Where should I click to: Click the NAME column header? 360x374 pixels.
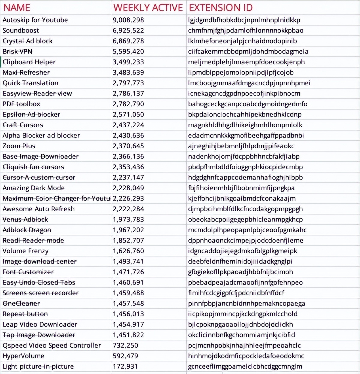point(17,8)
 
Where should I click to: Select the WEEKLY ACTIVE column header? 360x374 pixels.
point(148,8)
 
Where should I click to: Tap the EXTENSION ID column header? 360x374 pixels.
point(221,8)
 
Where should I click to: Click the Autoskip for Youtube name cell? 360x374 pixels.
point(35,20)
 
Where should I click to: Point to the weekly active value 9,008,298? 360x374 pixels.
point(128,20)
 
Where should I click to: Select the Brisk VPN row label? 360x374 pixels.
point(17,52)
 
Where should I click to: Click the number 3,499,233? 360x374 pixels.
point(128,62)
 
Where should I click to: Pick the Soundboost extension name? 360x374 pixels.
point(21,31)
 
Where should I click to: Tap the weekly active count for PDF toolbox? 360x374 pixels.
point(128,104)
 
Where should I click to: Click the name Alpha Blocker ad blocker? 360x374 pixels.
point(41,136)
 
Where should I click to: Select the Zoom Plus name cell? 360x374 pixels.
point(19,146)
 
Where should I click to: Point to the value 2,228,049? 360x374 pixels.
point(128,188)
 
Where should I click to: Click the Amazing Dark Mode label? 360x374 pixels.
point(34,188)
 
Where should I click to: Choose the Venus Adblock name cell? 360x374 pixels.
point(25,220)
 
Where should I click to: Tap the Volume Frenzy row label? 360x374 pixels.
point(25,251)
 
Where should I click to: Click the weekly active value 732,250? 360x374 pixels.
point(125,345)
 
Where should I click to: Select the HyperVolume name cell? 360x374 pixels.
point(23,356)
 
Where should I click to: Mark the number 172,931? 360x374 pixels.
point(125,366)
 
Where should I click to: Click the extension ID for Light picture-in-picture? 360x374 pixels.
point(245,366)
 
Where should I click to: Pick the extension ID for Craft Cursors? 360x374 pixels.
point(245,125)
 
